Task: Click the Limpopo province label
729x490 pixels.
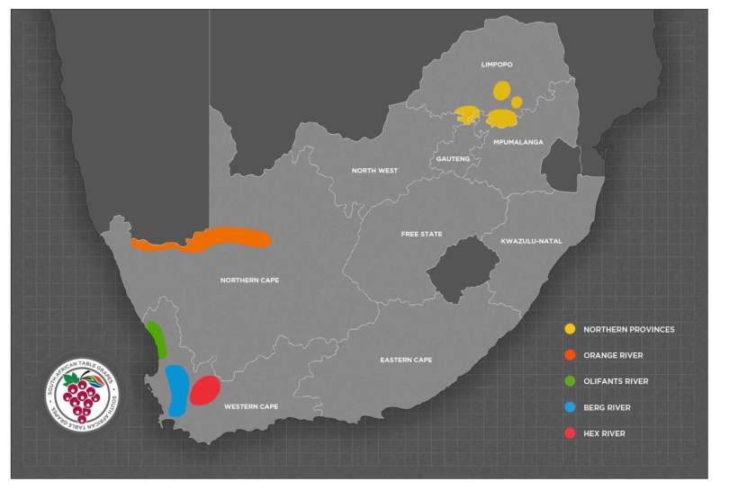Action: pos(496,65)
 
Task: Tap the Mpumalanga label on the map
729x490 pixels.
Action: pos(517,142)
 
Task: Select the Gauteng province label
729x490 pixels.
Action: pos(454,159)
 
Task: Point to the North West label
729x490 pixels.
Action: pos(374,171)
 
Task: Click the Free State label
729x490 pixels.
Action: pos(421,234)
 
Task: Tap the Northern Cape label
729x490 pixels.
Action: pos(249,281)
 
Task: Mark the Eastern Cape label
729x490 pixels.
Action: pos(405,360)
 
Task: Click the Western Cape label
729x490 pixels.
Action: pos(251,407)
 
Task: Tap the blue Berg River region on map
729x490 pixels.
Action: pos(177,389)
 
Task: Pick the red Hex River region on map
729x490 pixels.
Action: pos(205,390)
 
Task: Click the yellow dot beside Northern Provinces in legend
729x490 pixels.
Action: pos(569,329)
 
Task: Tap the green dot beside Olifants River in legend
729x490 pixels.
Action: pos(569,381)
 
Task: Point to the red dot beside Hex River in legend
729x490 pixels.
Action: pos(569,433)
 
